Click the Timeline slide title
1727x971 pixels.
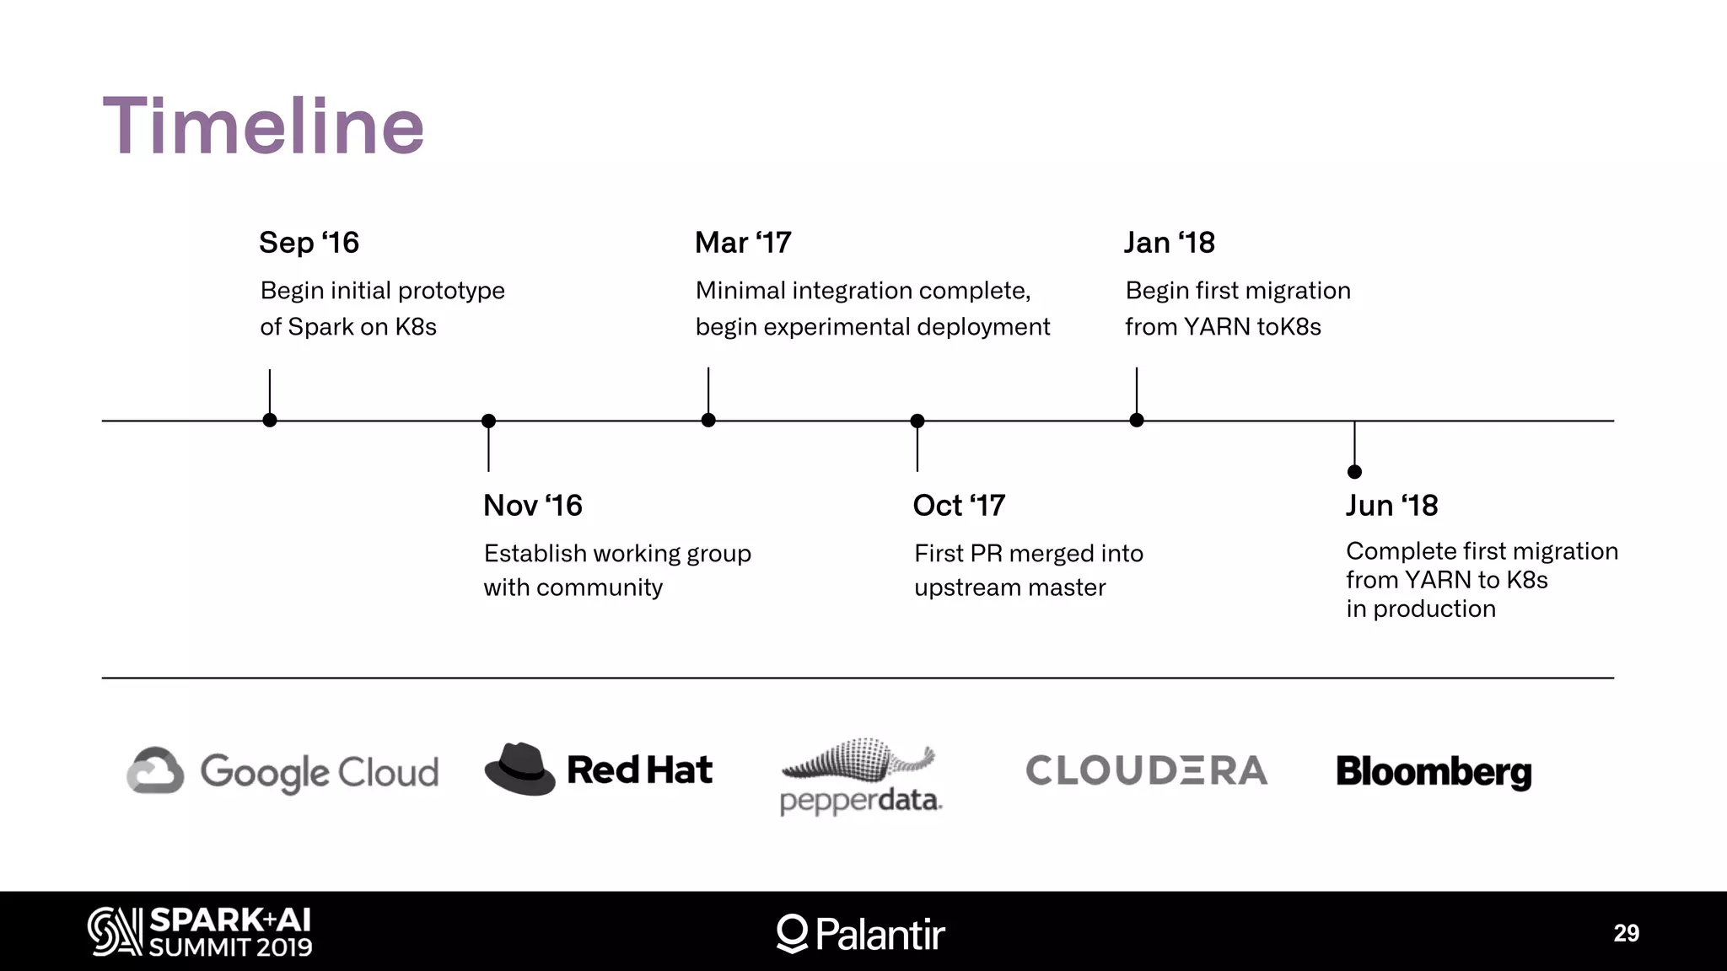(263, 126)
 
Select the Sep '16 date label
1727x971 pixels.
(309, 243)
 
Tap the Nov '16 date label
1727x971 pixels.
(532, 506)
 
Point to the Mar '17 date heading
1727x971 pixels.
(743, 243)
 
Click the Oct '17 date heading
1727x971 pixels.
(959, 506)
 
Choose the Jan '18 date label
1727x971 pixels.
(1169, 243)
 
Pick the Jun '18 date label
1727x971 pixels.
(1391, 506)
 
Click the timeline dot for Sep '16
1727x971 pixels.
(270, 421)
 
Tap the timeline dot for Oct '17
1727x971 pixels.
(917, 421)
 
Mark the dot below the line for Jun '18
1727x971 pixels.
(1354, 471)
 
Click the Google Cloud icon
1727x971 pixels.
(155, 770)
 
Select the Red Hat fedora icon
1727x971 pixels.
(519, 769)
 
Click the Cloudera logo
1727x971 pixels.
(1146, 770)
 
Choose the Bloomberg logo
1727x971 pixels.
(1434, 772)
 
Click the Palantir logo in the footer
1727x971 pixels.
(860, 934)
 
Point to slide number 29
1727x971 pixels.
(1626, 933)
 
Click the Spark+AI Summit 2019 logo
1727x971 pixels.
(200, 932)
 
